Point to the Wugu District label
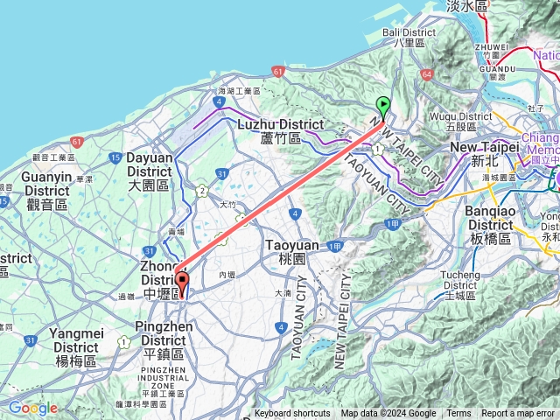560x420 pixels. click(461, 121)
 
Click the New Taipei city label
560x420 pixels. click(484, 154)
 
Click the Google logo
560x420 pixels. click(33, 408)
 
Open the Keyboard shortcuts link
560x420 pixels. click(292, 414)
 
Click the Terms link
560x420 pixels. click(458, 414)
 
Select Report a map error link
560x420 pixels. click(518, 414)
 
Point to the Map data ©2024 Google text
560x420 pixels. click(388, 414)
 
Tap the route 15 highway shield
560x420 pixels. click(115, 157)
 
